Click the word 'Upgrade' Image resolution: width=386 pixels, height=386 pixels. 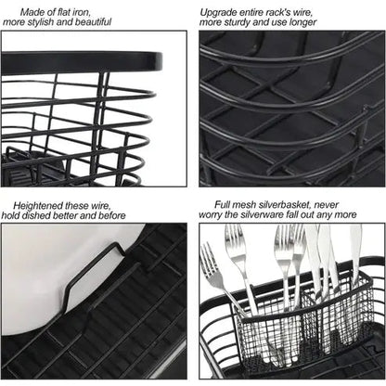223,10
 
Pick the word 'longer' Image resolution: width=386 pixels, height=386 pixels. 301,21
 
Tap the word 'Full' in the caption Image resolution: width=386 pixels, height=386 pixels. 225,203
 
